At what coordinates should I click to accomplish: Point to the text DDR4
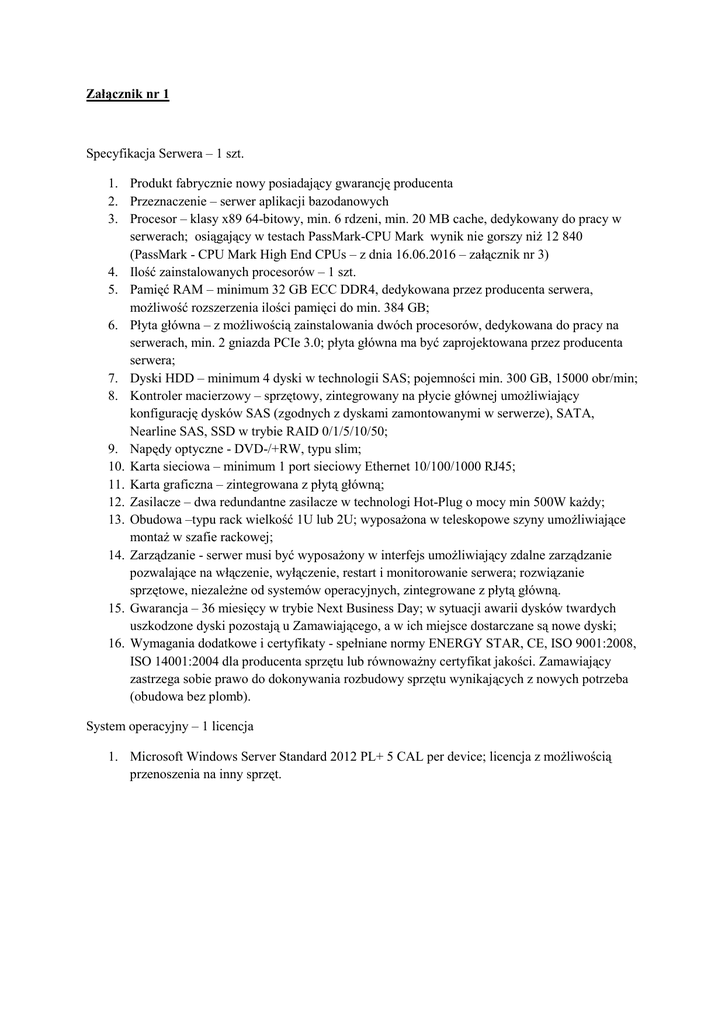click(362, 289)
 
